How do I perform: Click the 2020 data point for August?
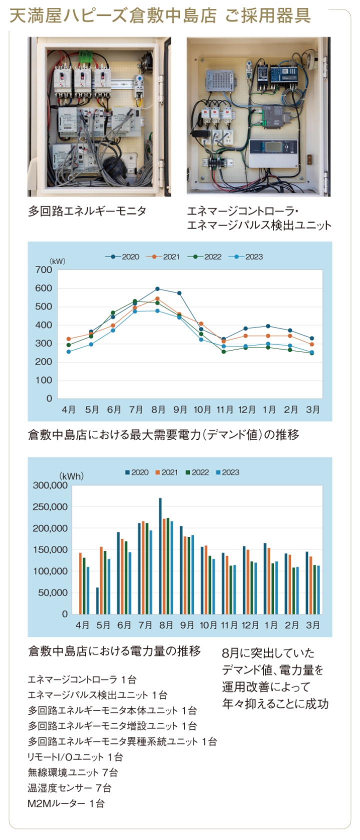pyautogui.click(x=157, y=289)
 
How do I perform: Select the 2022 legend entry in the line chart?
pyautogui.click(x=206, y=257)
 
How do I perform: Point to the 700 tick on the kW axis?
pyautogui.click(x=44, y=270)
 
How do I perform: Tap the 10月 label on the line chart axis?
pyautogui.click(x=202, y=410)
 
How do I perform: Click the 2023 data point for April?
pyautogui.click(x=68, y=352)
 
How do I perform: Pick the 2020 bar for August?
pyautogui.click(x=160, y=556)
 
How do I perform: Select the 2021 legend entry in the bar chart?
pyautogui.click(x=166, y=472)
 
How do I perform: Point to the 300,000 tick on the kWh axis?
pyautogui.click(x=50, y=485)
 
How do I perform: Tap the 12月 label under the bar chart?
pyautogui.click(x=250, y=625)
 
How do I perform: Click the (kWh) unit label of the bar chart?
pyautogui.click(x=71, y=476)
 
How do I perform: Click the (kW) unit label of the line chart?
pyautogui.click(x=57, y=261)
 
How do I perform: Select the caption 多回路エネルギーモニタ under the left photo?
pyautogui.click(x=87, y=211)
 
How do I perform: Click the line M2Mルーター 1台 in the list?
pyautogui.click(x=66, y=804)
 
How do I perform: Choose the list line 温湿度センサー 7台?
pyautogui.click(x=69, y=788)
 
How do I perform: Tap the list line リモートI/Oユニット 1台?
pyautogui.click(x=75, y=757)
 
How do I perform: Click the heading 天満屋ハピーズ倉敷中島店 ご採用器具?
pyautogui.click(x=160, y=16)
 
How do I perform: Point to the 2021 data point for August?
pyautogui.click(x=157, y=299)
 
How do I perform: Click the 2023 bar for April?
pyautogui.click(x=88, y=590)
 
